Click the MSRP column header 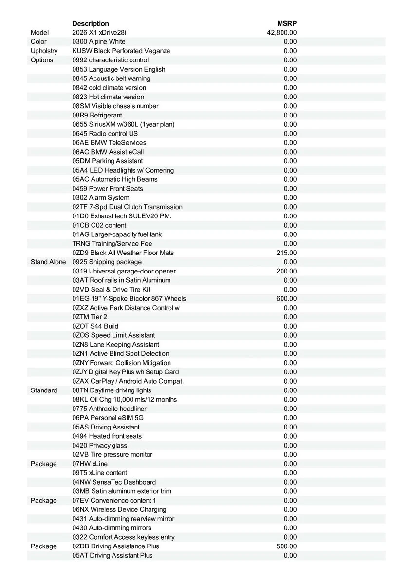pos(287,23)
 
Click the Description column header pos(91,23)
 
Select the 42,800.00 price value pos(282,33)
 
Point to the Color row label pos(39,42)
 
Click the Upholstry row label pos(44,51)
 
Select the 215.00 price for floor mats pos(286,253)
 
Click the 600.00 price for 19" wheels pos(286,298)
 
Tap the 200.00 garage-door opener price pos(286,271)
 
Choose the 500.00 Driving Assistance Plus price pos(286,546)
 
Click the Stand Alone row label pos(48,262)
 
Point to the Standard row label pos(44,390)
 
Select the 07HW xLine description pos(90,464)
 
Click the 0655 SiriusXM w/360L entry pos(123,124)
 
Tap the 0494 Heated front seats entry pos(107,436)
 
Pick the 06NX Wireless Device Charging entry pos(119,509)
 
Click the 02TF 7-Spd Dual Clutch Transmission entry pos(128,207)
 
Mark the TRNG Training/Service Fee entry pos(112,243)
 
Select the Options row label pos(42,60)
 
